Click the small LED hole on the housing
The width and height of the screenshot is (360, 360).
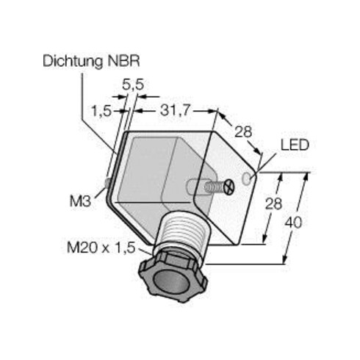pyautogui.click(x=252, y=178)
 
